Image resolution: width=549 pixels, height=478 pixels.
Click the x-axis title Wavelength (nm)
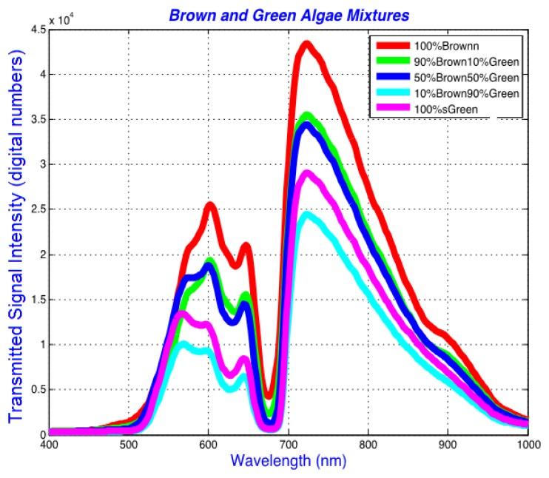[286, 461]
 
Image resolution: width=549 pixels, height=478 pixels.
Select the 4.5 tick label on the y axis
[34, 30]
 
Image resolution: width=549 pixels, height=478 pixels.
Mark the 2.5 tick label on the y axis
[34, 209]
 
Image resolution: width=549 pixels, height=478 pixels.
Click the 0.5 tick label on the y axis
[34, 389]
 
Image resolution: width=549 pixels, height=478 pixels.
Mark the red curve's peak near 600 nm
[211, 205]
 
